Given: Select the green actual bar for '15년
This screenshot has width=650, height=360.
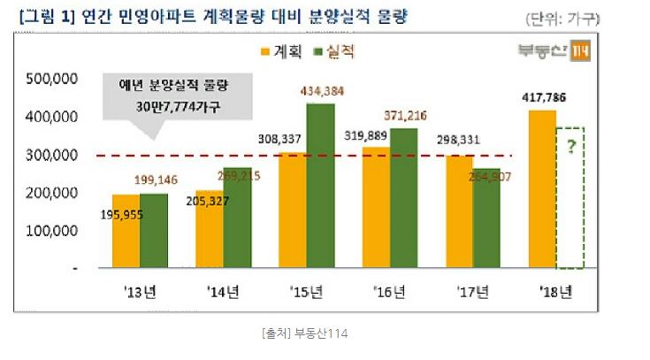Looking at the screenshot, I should pos(320,186).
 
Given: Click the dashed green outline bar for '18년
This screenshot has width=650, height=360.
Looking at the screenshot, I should pos(570,197).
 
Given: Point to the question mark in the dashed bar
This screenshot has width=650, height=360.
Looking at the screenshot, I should pos(570,147).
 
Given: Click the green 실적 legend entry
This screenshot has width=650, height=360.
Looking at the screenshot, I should pos(334,52).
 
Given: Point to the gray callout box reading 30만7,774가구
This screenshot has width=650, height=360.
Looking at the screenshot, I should pos(172,97).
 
